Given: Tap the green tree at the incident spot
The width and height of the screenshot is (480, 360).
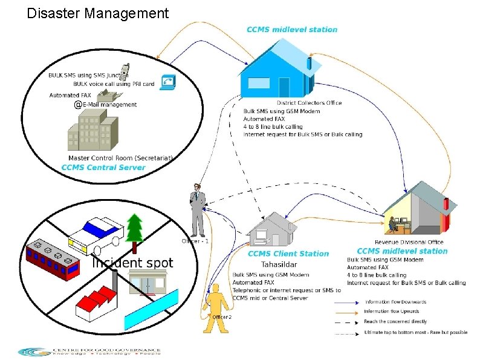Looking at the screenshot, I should tap(135, 227).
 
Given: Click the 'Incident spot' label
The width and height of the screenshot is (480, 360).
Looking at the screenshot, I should tap(132, 263).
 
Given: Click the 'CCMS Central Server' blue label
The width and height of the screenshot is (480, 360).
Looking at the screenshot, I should tap(103, 168).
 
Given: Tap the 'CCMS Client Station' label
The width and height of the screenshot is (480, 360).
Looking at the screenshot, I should tap(288, 254).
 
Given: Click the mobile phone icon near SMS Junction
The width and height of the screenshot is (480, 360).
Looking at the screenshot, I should tap(124, 72).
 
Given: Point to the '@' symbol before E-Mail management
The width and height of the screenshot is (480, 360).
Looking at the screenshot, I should tap(78, 105).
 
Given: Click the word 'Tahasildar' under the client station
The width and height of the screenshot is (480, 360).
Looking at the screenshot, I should tap(279, 264).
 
